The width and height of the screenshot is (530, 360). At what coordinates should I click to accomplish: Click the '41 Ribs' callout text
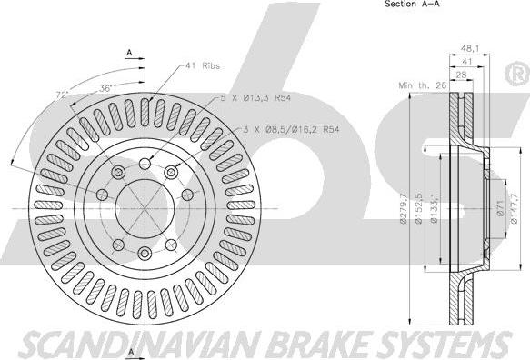click(x=203, y=65)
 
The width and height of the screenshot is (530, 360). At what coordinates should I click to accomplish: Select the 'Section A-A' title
click(x=413, y=4)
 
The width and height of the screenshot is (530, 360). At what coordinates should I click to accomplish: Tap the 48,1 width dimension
click(x=470, y=49)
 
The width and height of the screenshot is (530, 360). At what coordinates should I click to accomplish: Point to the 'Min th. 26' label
click(x=423, y=85)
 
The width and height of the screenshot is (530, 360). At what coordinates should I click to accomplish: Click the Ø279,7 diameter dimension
click(x=403, y=209)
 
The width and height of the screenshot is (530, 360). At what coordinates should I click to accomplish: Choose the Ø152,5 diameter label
click(x=418, y=208)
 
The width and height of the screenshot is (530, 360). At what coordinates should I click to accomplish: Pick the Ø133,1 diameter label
click(x=435, y=208)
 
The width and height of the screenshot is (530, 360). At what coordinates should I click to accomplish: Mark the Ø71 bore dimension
click(x=500, y=208)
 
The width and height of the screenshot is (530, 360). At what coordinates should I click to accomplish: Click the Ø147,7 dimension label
click(x=514, y=208)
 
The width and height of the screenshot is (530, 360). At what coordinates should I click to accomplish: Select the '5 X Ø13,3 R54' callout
click(x=255, y=98)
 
